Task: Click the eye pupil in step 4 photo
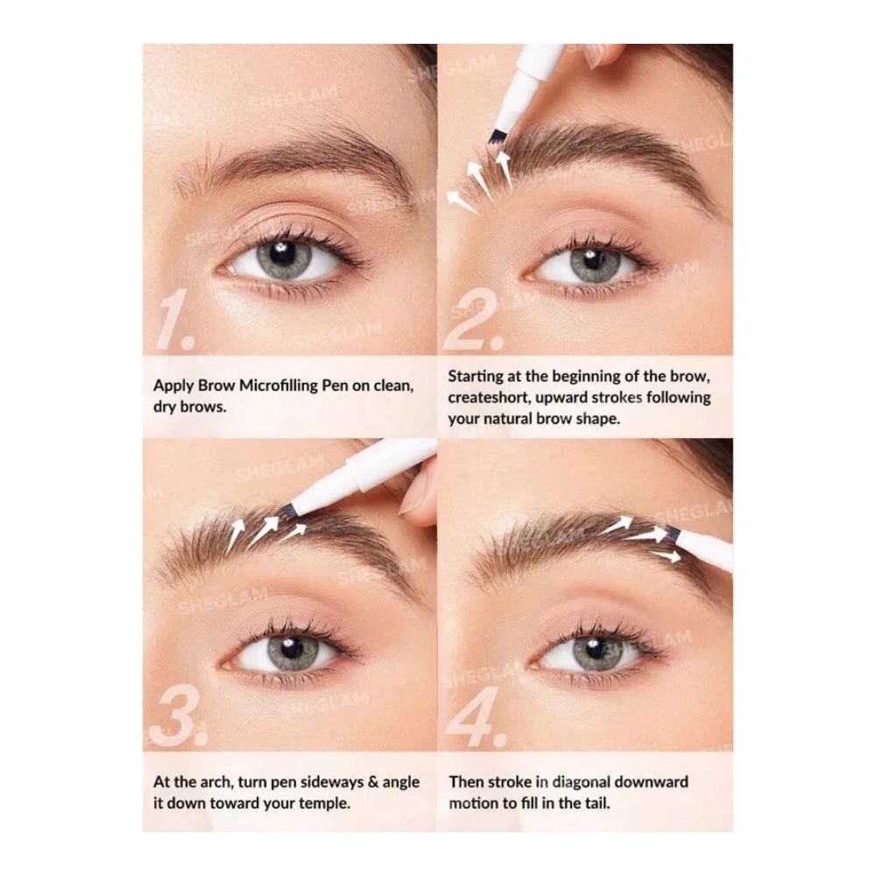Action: [590, 650]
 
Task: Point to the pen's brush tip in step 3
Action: [286, 508]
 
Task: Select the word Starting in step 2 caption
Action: [476, 377]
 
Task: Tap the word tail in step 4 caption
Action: [597, 803]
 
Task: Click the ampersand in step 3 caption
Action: [373, 782]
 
